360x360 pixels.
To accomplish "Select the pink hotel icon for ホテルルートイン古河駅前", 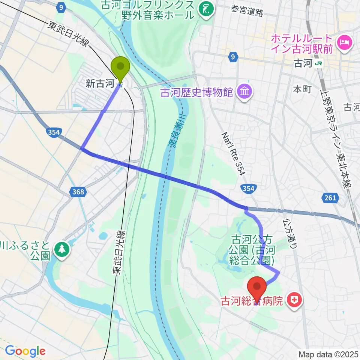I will [x=344, y=42].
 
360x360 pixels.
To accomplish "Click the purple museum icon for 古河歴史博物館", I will [x=244, y=91].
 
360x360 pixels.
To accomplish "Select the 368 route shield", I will [x=78, y=192].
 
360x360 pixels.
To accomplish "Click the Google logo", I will [x=25, y=351].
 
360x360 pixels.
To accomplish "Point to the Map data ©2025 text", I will [x=328, y=354].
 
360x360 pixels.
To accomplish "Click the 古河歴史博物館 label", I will [x=196, y=92].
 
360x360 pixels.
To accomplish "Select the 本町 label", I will [x=302, y=89].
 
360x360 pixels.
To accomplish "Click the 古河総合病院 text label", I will [x=251, y=301].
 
